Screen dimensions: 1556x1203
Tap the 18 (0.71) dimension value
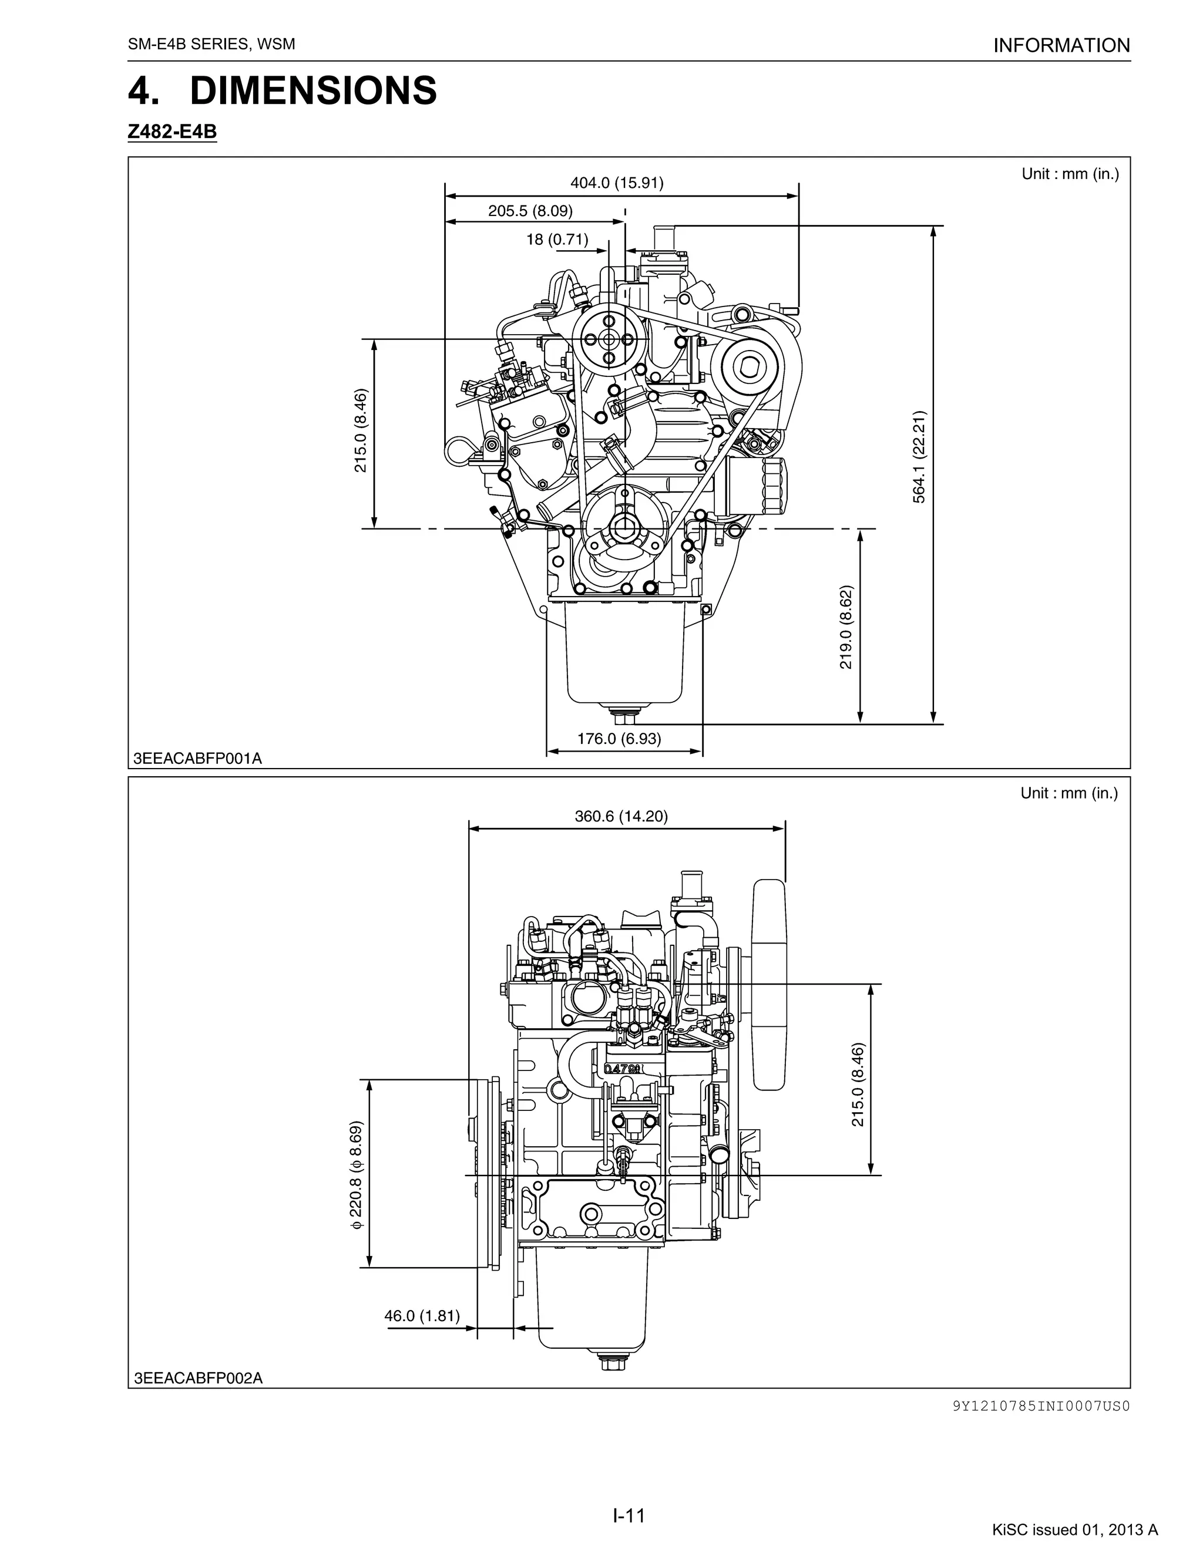pyautogui.click(x=557, y=240)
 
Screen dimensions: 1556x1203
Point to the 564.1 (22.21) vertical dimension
pyautogui.click(x=919, y=457)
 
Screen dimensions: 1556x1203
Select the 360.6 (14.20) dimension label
pyautogui.click(x=621, y=817)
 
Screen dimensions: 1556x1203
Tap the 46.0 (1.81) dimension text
pyautogui.click(x=422, y=1315)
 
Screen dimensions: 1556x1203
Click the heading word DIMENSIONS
pyautogui.click(x=313, y=91)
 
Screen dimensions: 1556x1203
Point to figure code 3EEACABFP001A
pyautogui.click(x=197, y=759)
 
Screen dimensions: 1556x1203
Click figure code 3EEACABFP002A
pyautogui.click(x=198, y=1379)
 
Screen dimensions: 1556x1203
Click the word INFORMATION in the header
pyautogui.click(x=1061, y=46)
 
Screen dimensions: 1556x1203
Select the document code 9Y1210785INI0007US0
pyautogui.click(x=1040, y=1406)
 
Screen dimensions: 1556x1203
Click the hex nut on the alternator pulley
pyautogui.click(x=751, y=368)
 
